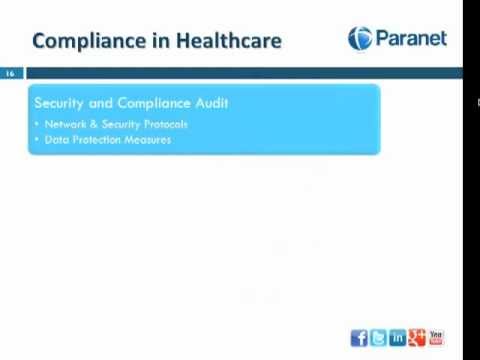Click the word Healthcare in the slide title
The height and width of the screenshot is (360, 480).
[228, 41]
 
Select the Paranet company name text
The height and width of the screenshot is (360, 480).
[410, 39]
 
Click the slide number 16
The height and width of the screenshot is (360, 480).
[10, 74]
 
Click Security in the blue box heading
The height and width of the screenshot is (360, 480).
[60, 103]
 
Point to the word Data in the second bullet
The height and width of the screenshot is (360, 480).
[56, 140]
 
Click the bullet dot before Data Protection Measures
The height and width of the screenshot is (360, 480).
[36, 140]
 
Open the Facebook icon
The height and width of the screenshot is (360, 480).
[359, 338]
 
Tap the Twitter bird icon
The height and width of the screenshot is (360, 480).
[378, 338]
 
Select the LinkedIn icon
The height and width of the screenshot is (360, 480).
[397, 338]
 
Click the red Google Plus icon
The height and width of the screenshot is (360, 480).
[416, 338]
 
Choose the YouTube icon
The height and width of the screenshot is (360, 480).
[435, 338]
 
